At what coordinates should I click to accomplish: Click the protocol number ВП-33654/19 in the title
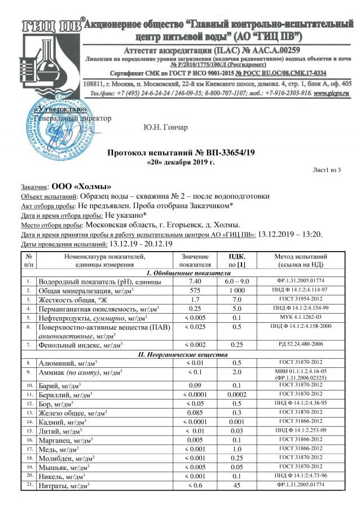coord(225,153)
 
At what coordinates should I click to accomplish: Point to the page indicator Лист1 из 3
coord(327,170)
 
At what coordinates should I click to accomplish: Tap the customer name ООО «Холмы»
coord(81,186)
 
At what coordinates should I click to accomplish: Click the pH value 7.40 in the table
coord(195,280)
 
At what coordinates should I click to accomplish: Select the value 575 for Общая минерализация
coord(195,290)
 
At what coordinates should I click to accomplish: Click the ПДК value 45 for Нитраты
coord(238,485)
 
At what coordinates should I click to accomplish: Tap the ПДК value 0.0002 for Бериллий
coord(238,394)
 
